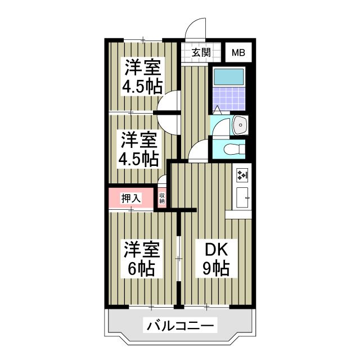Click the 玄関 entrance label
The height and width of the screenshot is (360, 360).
pos(201,53)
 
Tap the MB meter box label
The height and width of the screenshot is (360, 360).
pos(238,53)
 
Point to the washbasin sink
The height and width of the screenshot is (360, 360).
pos(238,124)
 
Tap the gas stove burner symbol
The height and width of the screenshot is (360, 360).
pos(242,175)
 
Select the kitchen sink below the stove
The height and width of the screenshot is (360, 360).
pos(242,197)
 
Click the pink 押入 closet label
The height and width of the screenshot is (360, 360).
pos(130,198)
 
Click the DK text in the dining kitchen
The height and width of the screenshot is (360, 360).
pos(215,248)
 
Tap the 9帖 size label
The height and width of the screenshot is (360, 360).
pos(215,268)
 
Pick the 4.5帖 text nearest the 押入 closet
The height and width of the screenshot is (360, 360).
pos(137,159)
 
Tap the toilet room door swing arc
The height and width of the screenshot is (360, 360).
pos(198,151)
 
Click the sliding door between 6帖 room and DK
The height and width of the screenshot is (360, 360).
pos(179,259)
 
